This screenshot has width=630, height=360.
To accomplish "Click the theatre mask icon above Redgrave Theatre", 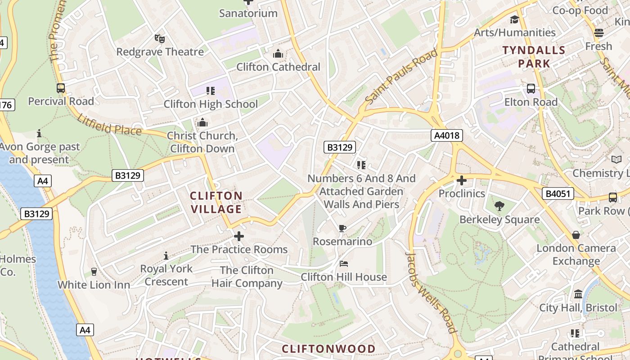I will (x=159, y=39).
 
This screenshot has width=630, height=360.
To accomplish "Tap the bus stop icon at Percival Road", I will (x=61, y=88).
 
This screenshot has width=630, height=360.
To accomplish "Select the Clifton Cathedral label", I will (x=278, y=67).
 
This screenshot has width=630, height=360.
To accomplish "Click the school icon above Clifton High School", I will (x=210, y=91).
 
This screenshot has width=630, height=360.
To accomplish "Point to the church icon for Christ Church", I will (x=202, y=122).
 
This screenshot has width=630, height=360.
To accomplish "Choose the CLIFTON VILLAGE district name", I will (x=216, y=202).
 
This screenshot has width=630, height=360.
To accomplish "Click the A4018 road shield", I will (x=446, y=135).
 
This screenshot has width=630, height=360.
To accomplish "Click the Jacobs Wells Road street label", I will (x=431, y=292).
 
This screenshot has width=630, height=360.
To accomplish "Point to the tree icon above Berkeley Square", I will (x=499, y=206).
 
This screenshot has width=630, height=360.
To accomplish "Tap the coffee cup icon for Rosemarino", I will (x=342, y=228).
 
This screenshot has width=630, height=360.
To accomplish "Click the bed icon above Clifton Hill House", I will (x=344, y=263).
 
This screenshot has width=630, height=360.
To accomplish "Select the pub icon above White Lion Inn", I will (x=94, y=271).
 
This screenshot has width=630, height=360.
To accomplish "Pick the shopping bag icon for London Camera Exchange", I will (x=576, y=235).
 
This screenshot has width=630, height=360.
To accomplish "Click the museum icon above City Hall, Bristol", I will (x=578, y=294).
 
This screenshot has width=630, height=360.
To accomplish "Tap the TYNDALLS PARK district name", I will (x=534, y=57).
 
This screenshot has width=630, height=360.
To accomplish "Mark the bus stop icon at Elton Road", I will (x=531, y=89).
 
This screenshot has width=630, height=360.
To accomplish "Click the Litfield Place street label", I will (x=109, y=125).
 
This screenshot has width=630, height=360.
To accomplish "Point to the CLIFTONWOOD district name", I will (x=328, y=349).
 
